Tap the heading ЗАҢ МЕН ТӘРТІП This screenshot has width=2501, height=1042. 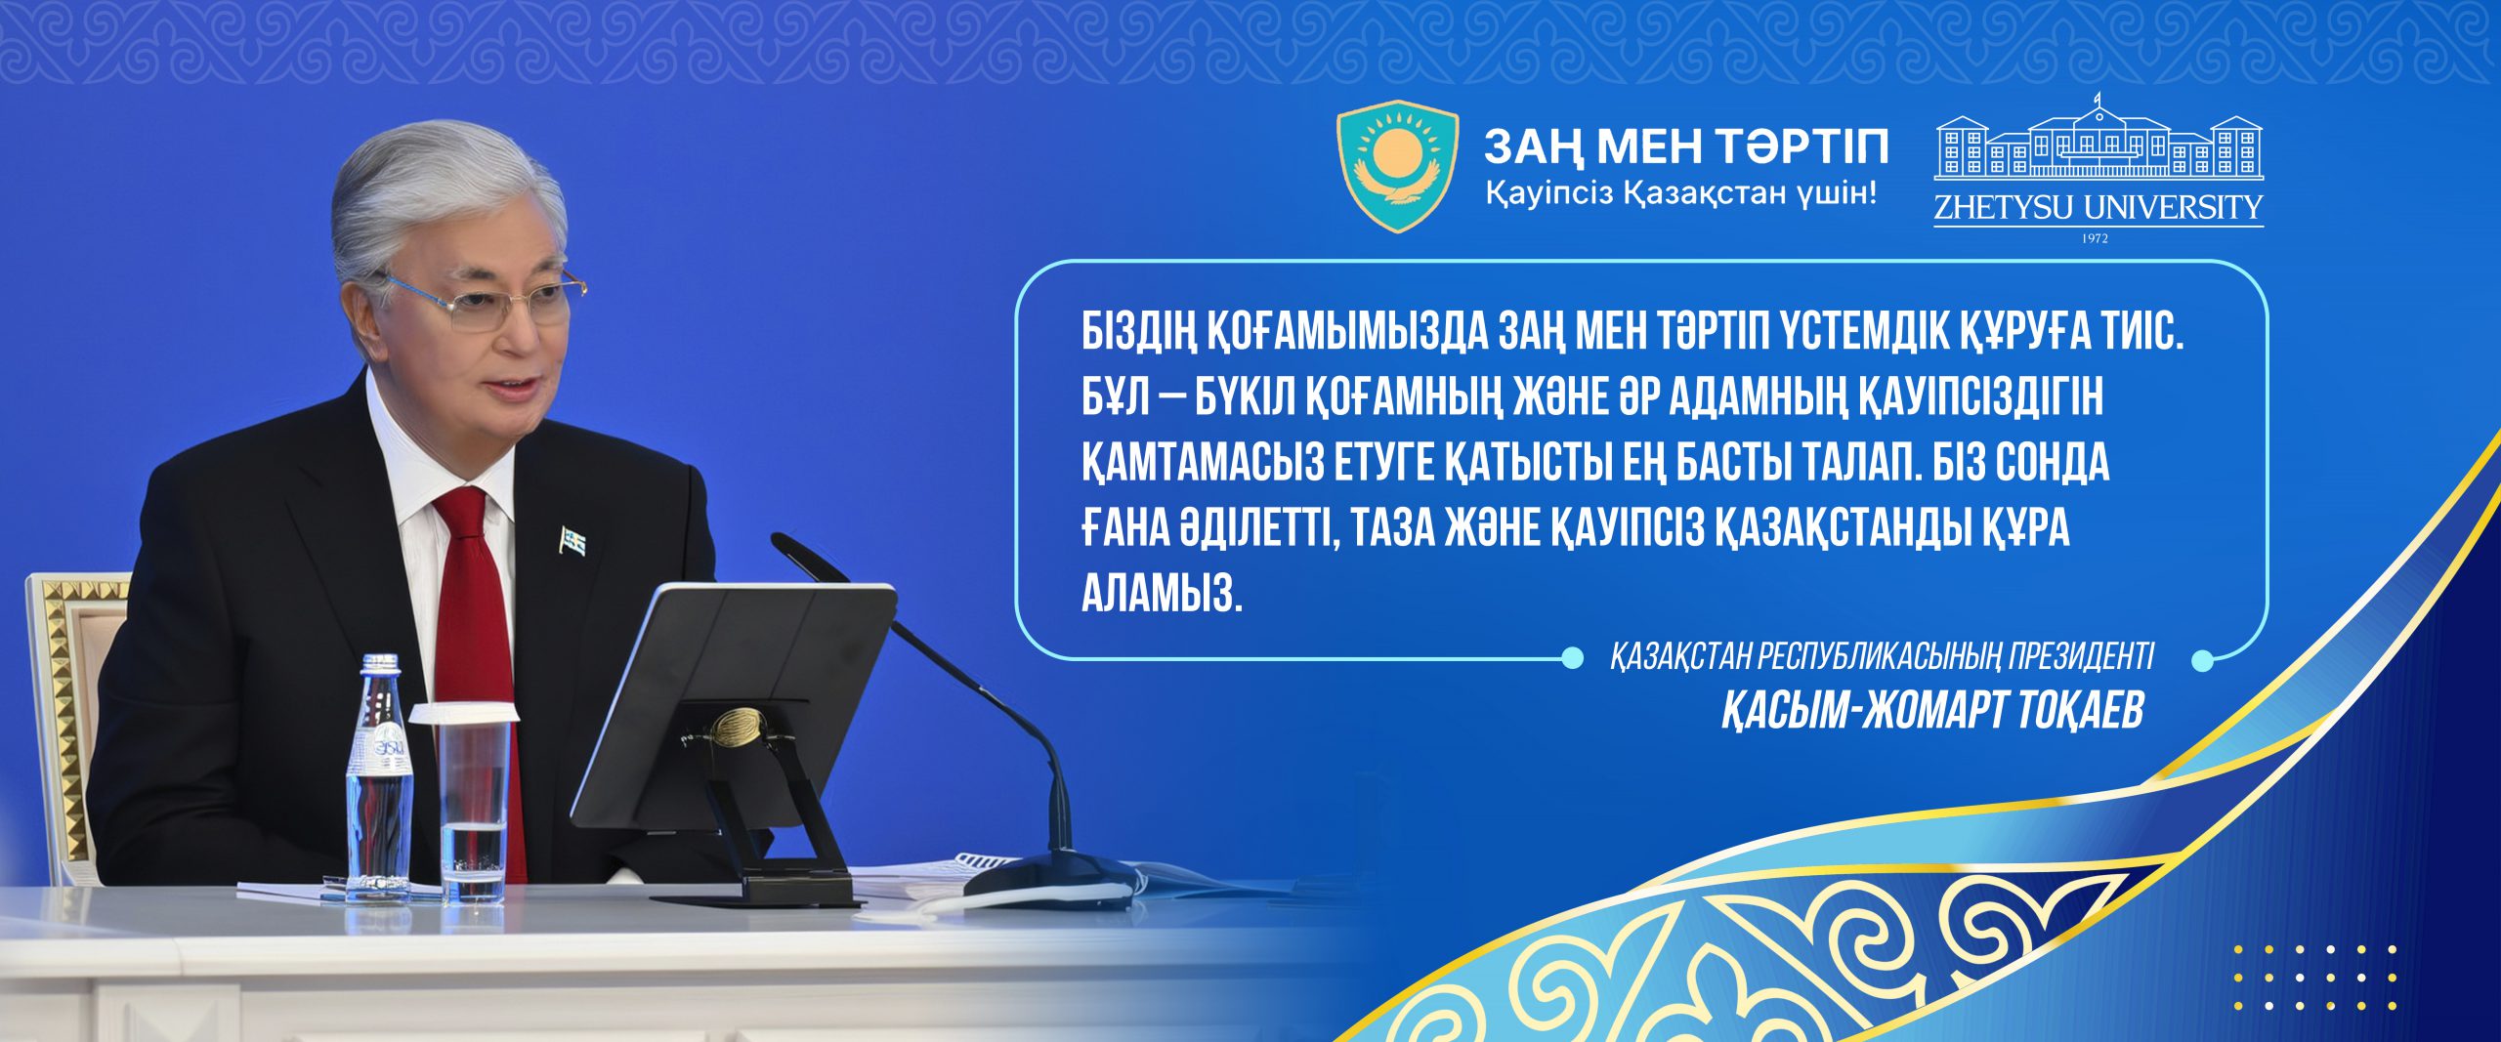point(1686,147)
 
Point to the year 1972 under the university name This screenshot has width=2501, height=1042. point(2096,237)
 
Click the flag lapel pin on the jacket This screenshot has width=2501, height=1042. point(573,539)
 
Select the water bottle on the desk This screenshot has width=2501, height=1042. point(379,777)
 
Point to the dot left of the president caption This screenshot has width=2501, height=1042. point(1572,659)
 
